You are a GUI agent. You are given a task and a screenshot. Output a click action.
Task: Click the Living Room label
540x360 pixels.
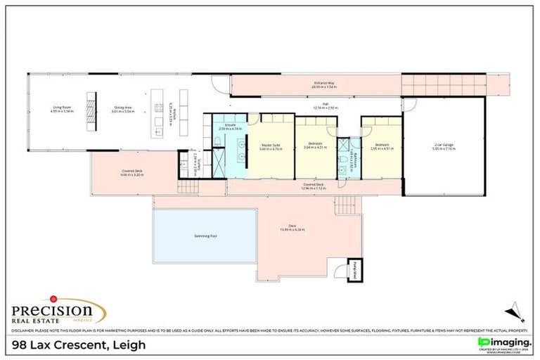pyautogui.click(x=62, y=109)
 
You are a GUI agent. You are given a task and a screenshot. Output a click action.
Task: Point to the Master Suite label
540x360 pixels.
pyautogui.click(x=270, y=146)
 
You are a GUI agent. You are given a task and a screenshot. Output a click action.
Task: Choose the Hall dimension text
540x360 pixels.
pyautogui.click(x=326, y=109)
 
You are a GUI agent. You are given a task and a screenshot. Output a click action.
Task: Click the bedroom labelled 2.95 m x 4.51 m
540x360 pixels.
pyautogui.click(x=380, y=146)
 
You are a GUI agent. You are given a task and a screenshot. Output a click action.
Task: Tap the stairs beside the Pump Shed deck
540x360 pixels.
pyautogui.click(x=346, y=205)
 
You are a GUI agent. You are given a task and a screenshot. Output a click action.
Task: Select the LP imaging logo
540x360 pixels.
pyautogui.click(x=503, y=342)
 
